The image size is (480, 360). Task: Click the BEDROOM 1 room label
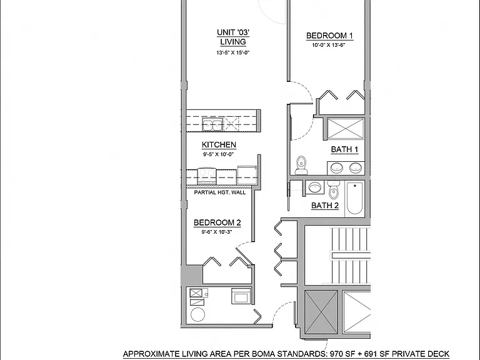330,36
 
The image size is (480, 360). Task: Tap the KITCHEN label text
219,145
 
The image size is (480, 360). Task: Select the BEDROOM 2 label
217,222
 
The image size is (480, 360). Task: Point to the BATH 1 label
344,149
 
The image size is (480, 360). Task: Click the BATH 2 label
325,206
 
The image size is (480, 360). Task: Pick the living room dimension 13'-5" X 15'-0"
233,52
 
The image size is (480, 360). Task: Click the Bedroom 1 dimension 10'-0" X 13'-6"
329,45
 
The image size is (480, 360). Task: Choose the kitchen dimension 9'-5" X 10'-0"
219,154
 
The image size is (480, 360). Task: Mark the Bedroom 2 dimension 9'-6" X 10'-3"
217,232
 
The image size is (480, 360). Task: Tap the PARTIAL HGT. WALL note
220,192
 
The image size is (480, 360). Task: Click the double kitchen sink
212,124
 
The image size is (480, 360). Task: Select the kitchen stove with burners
207,176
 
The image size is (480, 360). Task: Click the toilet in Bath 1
301,165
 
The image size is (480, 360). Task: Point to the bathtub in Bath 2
355,198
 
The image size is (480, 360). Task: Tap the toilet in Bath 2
333,190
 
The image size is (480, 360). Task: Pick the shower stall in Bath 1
346,128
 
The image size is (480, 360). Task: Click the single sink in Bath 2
315,187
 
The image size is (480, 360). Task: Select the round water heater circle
197,314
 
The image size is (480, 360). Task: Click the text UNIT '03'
233,32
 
